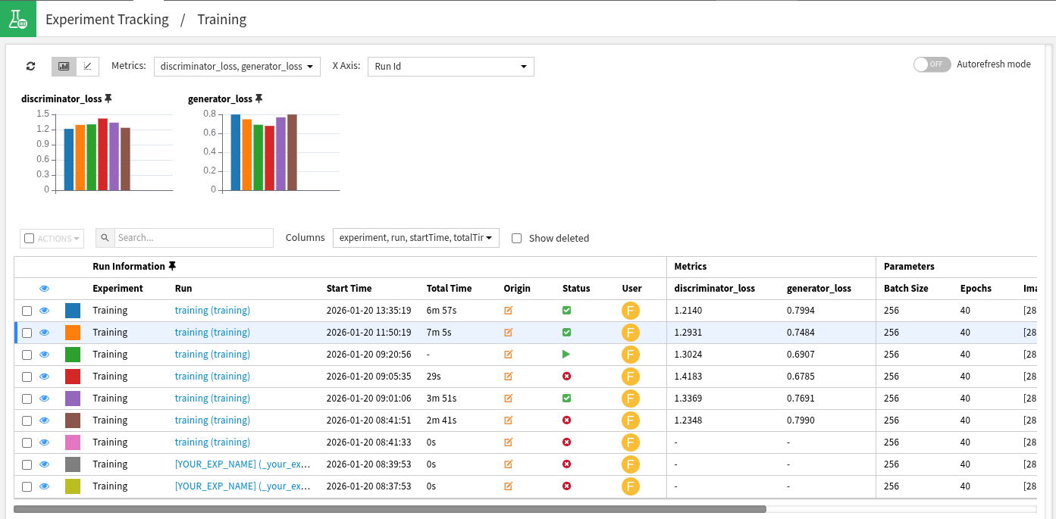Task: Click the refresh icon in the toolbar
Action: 30,67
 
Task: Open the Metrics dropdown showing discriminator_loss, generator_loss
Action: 237,67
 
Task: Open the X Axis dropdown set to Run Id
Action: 450,67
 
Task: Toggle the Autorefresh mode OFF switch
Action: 932,64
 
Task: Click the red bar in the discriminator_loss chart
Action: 102,155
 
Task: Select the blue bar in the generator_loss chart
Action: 236,152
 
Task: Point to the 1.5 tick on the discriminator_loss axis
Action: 42,114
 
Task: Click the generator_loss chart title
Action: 220,98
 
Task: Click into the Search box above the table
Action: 193,238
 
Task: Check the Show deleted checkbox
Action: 517,238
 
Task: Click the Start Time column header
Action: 349,289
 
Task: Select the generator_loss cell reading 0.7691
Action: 801,399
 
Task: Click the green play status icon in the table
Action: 566,355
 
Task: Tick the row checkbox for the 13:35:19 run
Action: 27,311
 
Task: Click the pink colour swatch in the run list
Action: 73,442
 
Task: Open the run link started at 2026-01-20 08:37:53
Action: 243,486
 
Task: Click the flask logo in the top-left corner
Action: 17,19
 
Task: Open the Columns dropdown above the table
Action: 415,238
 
